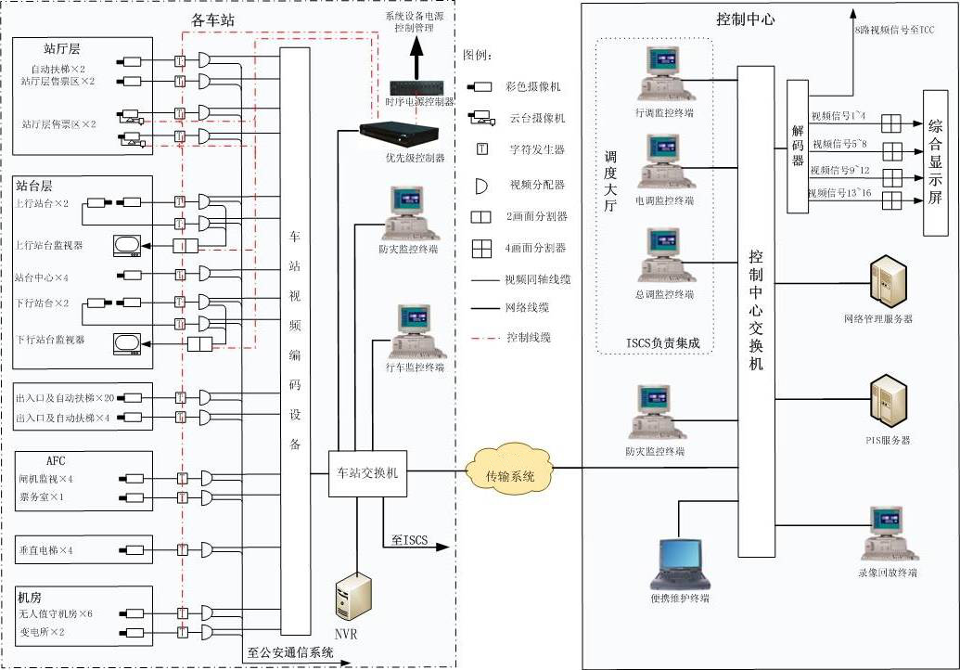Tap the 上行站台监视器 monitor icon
point(126,245)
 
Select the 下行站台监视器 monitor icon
point(126,343)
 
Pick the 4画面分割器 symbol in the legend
point(480,248)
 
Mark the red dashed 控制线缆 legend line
point(480,337)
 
